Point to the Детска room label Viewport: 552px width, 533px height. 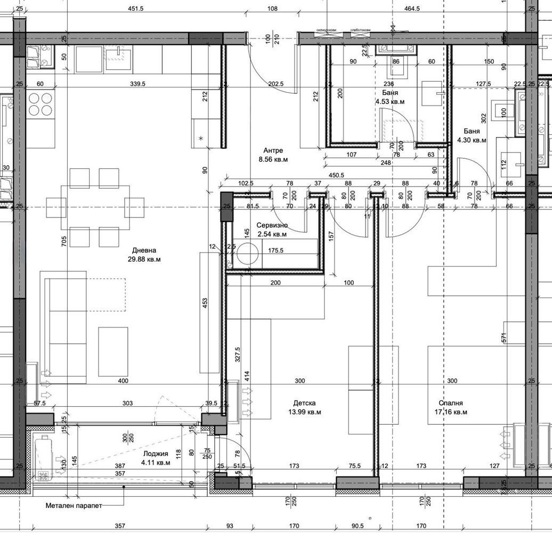(304, 403)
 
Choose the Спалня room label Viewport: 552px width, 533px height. (450, 403)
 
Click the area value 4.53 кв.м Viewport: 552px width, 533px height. (389, 101)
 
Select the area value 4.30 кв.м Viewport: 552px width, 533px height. (472, 140)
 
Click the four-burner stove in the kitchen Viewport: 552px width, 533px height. (40, 104)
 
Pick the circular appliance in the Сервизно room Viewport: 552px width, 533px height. (247, 254)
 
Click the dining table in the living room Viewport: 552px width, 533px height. (95, 207)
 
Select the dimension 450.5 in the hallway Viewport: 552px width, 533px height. (336, 174)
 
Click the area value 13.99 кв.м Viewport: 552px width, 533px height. (304, 412)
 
